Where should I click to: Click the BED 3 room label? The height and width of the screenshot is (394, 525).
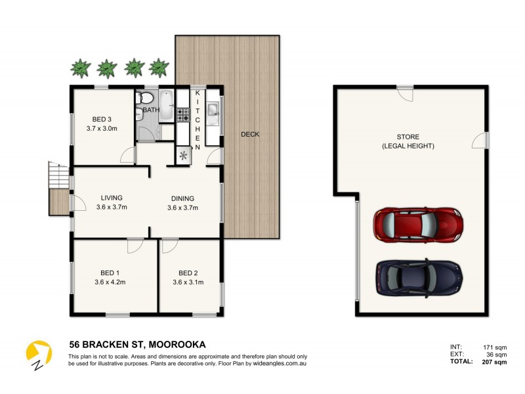pyautogui.click(x=101, y=119)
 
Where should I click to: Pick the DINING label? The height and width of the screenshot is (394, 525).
pyautogui.click(x=182, y=198)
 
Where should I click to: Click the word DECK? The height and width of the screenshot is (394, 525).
pyautogui.click(x=250, y=135)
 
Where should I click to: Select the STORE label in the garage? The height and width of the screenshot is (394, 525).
pyautogui.click(x=408, y=137)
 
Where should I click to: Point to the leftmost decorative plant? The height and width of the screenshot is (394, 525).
pyautogui.click(x=79, y=67)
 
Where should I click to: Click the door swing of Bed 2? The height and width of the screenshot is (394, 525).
pyautogui.click(x=170, y=246)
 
